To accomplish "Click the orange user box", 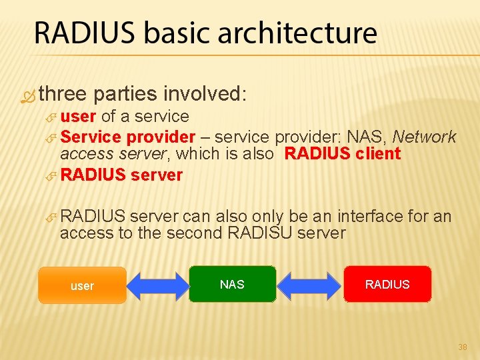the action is click(x=82, y=285).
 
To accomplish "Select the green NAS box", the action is click(x=232, y=285).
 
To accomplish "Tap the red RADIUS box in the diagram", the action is click(x=387, y=285).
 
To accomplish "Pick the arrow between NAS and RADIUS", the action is click(x=310, y=285).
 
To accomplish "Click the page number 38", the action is click(x=463, y=347).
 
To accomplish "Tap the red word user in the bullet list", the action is click(x=79, y=117).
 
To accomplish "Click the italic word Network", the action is click(x=425, y=137).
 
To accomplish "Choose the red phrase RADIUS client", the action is click(x=343, y=154).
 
